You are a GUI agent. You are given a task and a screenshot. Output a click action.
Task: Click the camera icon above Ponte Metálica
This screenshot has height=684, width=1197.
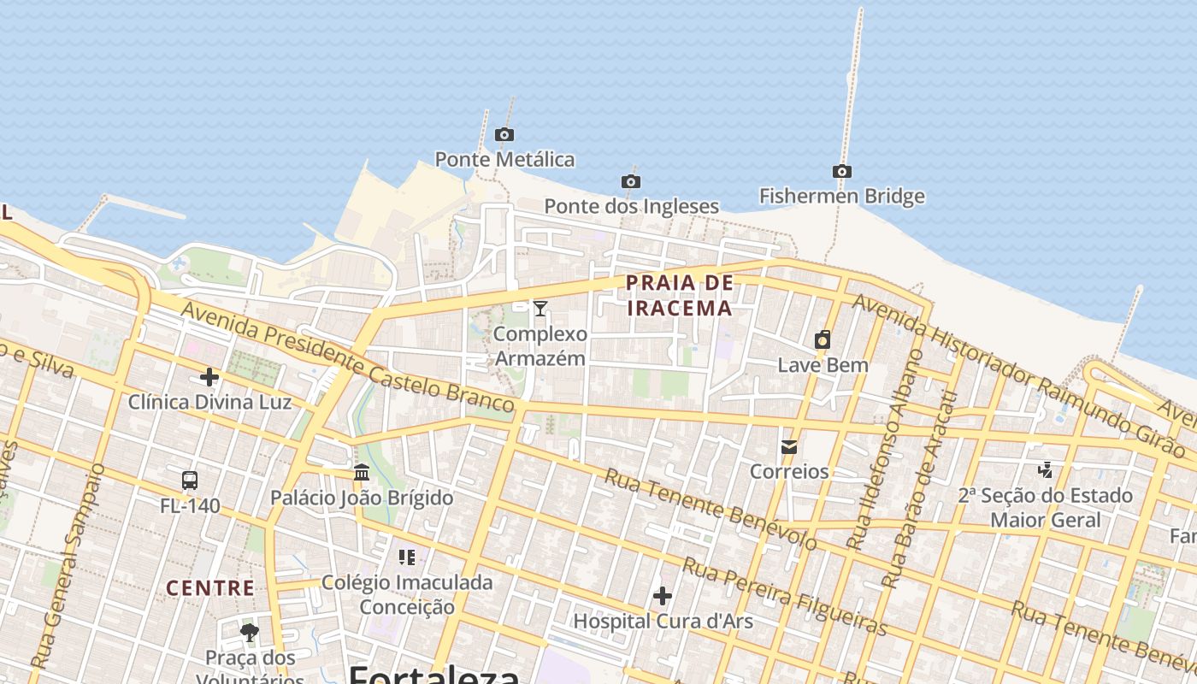pos(504,134)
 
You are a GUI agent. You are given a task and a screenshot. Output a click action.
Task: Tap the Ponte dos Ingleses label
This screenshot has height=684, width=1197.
pos(631,206)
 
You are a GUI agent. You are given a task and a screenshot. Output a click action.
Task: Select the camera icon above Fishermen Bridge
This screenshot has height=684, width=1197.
pos(842,171)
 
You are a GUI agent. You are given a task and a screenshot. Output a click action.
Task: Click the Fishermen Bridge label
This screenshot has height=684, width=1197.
pos(841,196)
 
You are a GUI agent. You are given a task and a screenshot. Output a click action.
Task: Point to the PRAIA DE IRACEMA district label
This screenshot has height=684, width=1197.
pos(680,295)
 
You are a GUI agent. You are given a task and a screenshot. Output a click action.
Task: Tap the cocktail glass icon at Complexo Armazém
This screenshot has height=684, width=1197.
pos(540,309)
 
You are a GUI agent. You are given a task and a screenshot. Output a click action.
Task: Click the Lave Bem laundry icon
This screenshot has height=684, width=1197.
pos(823,339)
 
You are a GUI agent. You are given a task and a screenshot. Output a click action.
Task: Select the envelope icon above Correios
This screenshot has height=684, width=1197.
pos(789,446)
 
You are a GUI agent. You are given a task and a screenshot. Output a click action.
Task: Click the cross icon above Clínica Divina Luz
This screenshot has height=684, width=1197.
pos(209,377)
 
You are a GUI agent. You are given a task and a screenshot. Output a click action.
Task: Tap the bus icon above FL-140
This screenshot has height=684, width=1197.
pos(190,481)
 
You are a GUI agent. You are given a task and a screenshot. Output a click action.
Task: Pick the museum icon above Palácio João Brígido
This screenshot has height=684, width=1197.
pos(362,472)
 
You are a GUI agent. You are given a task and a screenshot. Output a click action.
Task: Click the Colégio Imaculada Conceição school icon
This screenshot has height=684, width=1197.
pos(407,557)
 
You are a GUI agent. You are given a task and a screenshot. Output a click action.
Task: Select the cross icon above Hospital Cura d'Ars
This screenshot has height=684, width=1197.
pos(663,596)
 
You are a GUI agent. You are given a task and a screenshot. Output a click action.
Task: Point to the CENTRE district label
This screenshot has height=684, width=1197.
pos(210,588)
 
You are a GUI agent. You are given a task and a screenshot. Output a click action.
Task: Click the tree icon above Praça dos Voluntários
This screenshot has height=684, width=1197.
pos(250,633)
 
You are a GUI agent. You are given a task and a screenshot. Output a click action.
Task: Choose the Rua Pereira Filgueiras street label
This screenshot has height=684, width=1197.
pos(784,596)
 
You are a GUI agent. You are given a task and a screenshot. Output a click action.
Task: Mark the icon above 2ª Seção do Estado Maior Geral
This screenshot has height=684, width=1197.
pos(1045,469)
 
